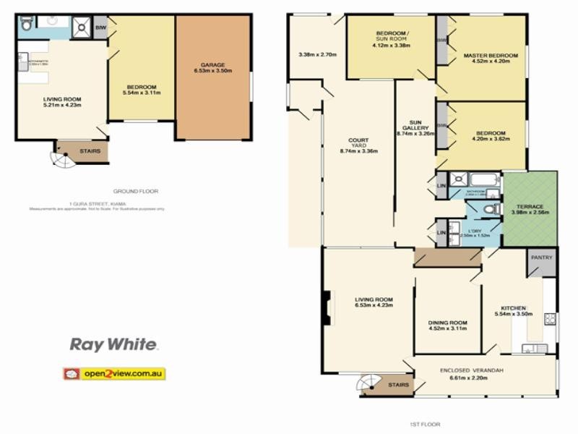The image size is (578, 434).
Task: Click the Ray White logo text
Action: click(113, 345)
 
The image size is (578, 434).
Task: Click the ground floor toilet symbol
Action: click(27, 25)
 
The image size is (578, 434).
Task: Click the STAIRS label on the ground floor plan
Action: click(89, 152)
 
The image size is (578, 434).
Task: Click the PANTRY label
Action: click(541, 258)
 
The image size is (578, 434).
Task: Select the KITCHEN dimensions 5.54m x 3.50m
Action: click(514, 314)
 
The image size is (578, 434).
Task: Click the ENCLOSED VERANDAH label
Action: click(471, 370)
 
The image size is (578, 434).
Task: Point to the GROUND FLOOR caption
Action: click(135, 191)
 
